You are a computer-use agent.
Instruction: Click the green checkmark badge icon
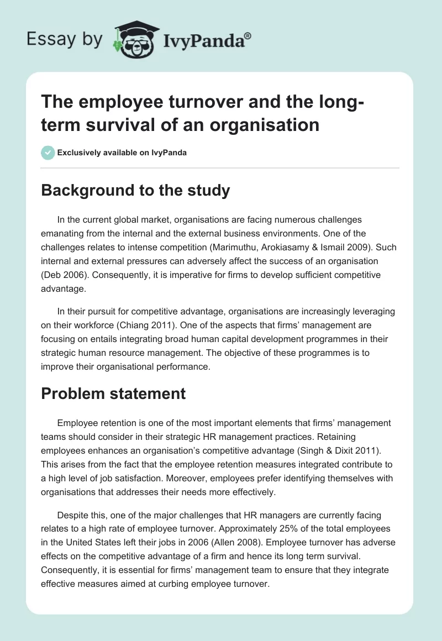pos(48,153)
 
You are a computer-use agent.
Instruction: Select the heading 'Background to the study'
pos(136,190)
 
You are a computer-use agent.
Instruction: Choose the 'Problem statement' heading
pos(114,393)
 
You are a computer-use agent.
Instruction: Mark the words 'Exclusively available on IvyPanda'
pos(123,153)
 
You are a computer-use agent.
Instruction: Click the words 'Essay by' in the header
pos(64,39)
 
